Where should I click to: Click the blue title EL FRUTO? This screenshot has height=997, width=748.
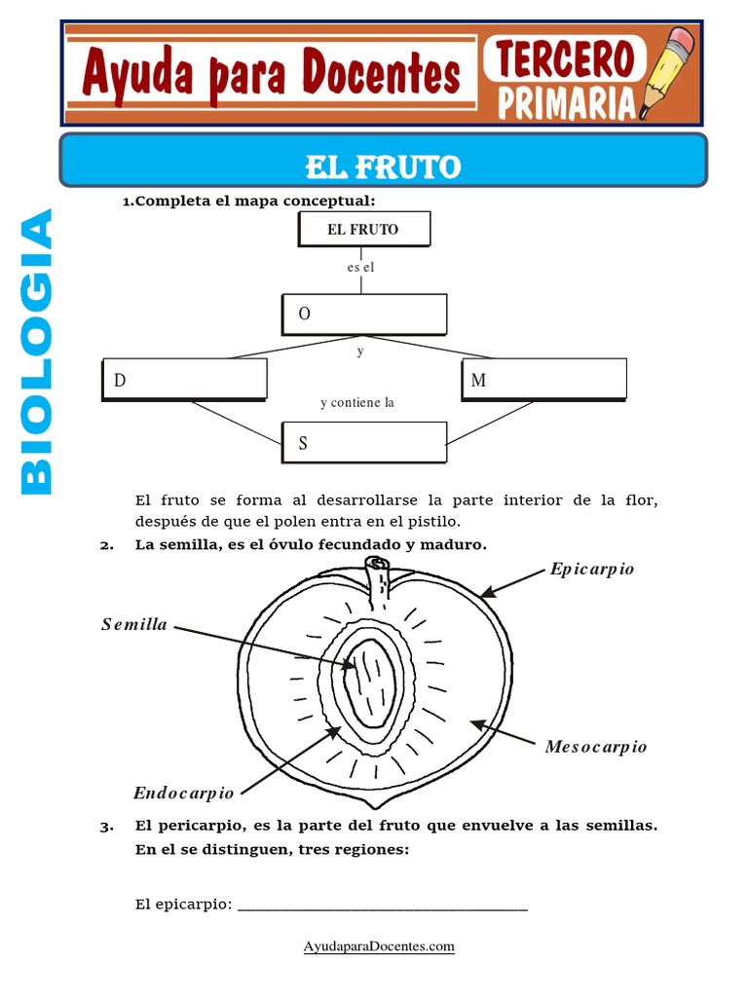point(382,167)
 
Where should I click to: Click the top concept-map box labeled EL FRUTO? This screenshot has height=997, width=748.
point(361,230)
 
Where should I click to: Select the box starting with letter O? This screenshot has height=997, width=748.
point(365,314)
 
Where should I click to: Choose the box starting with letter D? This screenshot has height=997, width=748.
point(184,380)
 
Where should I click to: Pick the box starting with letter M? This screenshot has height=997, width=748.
point(544,380)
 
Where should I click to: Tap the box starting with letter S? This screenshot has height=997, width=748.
point(364,443)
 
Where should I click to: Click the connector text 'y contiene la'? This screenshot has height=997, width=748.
point(356,402)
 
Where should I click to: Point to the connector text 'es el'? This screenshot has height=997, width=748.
point(360,268)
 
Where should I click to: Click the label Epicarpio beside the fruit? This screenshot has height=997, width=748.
point(592,569)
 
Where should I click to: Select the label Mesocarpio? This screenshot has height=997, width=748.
point(596,747)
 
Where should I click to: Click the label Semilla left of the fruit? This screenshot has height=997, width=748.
point(134,624)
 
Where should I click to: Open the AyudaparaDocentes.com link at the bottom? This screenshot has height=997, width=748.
point(379,946)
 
